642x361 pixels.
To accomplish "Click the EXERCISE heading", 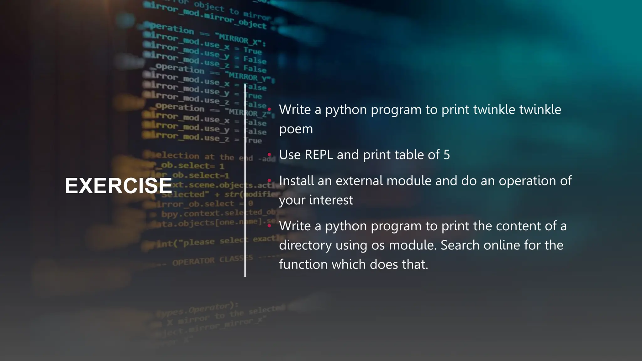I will click(118, 186).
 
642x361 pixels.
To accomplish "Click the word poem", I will click(296, 129).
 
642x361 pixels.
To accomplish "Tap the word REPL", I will click(319, 155).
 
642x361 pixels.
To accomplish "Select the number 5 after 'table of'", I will click(446, 155).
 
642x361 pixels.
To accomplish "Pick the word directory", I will click(305, 245).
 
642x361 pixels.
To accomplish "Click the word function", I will click(303, 264).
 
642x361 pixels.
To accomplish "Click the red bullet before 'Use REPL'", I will click(269, 154).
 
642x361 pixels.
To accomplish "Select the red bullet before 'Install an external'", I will click(269, 180).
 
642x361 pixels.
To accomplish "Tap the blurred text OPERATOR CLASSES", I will click(212, 260).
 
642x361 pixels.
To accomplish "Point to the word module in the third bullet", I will click(409, 181).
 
